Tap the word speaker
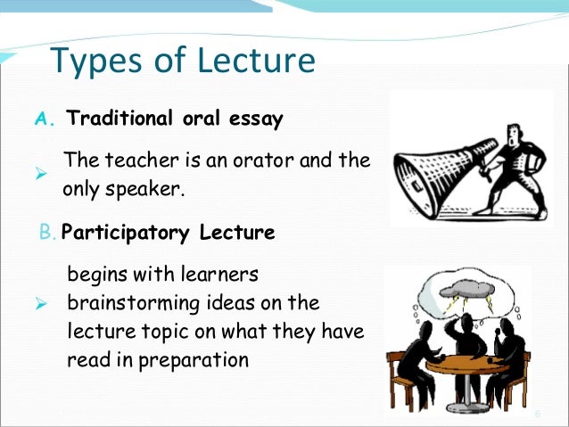144,190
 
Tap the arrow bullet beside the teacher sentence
40,176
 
